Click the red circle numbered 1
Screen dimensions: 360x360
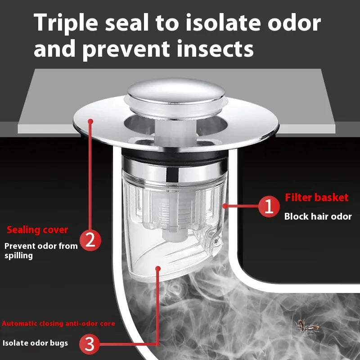pyautogui.click(x=269, y=207)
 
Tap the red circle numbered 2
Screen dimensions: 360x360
pyautogui.click(x=90, y=240)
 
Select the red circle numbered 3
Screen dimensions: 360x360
pyautogui.click(x=90, y=344)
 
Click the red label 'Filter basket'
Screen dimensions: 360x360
pyautogui.click(x=317, y=198)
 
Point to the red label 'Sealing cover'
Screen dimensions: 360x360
pyautogui.click(x=37, y=230)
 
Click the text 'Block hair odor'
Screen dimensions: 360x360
pyautogui.click(x=318, y=216)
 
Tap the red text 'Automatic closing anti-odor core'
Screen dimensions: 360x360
pyautogui.click(x=58, y=324)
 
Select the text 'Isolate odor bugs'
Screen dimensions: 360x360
pyautogui.click(x=36, y=343)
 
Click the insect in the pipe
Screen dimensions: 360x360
pyautogui.click(x=307, y=326)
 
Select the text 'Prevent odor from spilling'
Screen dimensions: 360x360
pyautogui.click(x=40, y=251)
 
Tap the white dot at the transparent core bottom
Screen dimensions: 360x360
pyautogui.click(x=157, y=269)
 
